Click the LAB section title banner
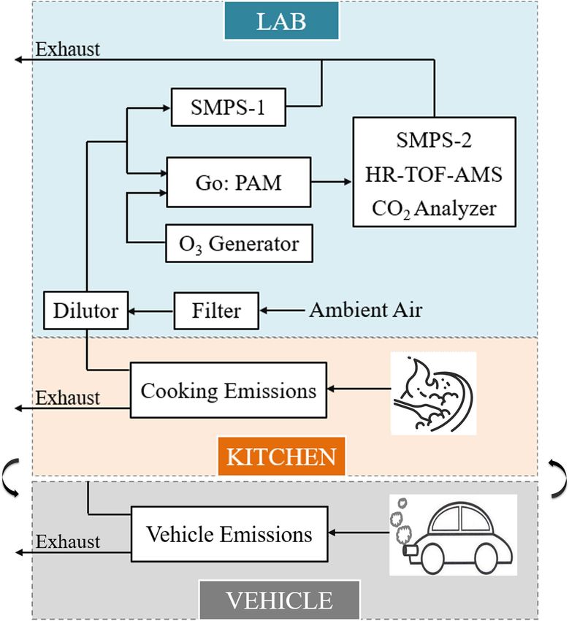pos(281,21)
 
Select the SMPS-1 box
pos(229,107)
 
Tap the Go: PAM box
pos(238,182)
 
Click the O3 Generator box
pos(239,243)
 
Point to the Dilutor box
pos(86,310)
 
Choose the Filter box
pos(217,311)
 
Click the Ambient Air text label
pos(366,310)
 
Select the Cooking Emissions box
pos(229,390)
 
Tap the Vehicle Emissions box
pos(229,534)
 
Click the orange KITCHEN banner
pos(281,456)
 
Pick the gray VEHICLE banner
pos(280,600)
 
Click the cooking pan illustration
pos(434,393)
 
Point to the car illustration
pos(453,535)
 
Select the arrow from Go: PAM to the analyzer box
pos(332,182)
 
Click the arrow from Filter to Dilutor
pos(151,311)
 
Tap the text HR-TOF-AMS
pos(434,175)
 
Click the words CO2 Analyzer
pos(434,209)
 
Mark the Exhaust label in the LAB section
pos(68,49)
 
